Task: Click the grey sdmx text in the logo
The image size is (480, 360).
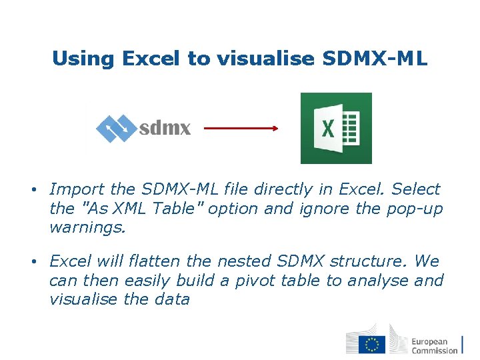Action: (165, 128)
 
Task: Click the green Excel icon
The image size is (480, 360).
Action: (336, 128)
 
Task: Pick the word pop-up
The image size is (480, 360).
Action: (414, 209)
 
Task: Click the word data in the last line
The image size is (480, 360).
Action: (173, 299)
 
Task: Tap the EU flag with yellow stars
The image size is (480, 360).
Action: (371, 344)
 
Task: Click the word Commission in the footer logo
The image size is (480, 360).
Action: (435, 350)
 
